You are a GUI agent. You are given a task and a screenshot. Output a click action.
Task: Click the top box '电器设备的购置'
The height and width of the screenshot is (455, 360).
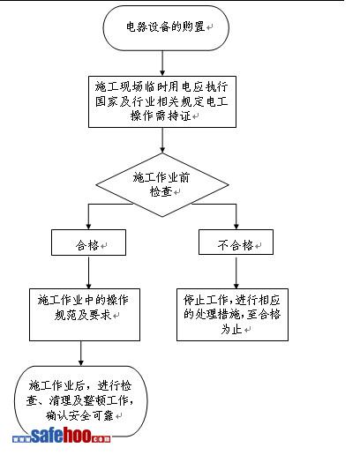166,27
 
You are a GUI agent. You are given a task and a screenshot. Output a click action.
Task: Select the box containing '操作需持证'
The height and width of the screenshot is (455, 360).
162,101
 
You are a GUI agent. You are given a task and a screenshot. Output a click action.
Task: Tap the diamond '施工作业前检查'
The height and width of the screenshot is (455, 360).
162,185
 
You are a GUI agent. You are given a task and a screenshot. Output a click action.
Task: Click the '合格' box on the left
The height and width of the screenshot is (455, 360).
88,242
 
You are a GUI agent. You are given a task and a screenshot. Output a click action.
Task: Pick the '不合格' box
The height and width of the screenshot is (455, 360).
236,242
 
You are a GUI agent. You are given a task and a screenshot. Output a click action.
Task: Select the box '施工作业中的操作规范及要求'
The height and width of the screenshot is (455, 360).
85,315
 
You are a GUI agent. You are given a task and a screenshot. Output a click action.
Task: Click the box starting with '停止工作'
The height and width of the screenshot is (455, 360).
232,315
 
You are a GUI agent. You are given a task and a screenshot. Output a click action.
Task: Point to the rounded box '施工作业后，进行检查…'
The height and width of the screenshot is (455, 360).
81,401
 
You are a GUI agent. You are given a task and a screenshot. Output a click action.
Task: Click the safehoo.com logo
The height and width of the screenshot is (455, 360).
62,436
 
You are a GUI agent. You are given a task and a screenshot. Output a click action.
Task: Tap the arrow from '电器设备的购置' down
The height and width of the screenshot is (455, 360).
162,63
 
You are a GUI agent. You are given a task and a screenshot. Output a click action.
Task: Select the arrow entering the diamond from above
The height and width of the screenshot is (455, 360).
162,140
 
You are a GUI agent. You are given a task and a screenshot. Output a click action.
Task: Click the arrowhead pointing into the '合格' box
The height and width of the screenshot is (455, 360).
88,227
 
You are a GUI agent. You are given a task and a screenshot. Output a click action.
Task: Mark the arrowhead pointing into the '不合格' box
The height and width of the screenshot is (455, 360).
236,227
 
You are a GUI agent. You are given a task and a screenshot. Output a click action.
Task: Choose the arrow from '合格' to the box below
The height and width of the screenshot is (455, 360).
88,272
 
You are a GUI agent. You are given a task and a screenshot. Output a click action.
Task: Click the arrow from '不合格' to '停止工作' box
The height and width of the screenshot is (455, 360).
236,272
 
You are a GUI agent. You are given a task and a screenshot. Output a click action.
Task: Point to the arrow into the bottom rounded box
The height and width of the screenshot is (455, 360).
81,354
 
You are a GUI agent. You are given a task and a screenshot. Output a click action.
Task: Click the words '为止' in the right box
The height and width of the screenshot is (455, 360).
231,330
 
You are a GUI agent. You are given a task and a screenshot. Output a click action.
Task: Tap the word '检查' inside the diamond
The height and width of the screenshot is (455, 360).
161,191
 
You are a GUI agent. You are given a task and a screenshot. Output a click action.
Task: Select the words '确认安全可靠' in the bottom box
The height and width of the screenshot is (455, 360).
79,415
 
